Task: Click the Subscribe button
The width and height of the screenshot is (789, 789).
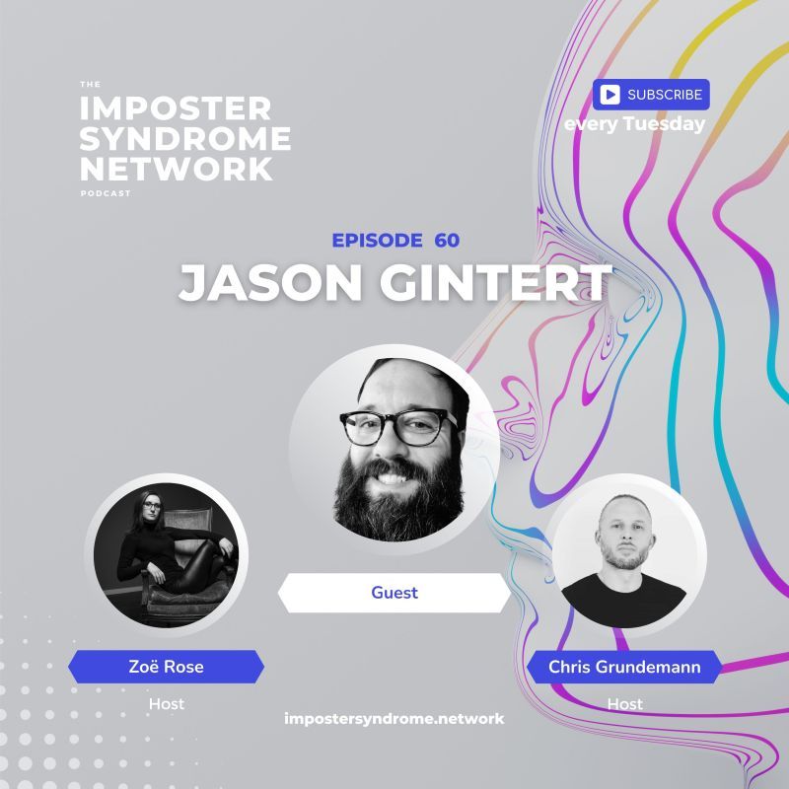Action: (651, 95)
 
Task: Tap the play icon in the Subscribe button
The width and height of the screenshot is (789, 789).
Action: (610, 95)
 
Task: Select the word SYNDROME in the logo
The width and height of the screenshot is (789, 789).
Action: (185, 138)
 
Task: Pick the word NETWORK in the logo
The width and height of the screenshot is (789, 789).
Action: (176, 168)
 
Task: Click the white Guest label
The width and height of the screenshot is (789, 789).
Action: (394, 593)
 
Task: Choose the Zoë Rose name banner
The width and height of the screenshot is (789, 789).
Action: (166, 667)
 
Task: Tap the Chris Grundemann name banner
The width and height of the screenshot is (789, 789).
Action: (624, 667)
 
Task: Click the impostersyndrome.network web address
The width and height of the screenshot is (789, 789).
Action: (394, 718)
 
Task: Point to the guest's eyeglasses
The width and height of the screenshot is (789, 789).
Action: (398, 425)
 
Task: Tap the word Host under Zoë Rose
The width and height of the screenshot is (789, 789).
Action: (166, 704)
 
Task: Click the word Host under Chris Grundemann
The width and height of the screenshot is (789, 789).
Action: (624, 704)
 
